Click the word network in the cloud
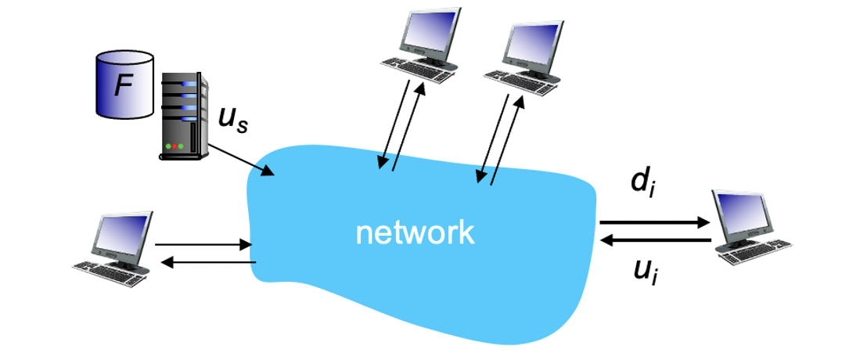(x=415, y=232)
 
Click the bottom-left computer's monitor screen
(x=122, y=234)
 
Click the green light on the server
(x=181, y=146)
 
